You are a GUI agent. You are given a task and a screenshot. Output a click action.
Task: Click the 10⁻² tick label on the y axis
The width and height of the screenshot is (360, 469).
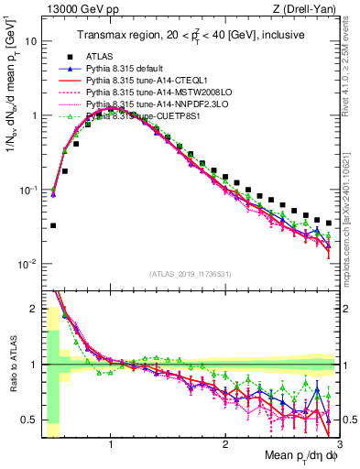29,265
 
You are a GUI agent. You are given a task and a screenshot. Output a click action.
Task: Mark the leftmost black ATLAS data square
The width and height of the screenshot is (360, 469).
53,225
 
